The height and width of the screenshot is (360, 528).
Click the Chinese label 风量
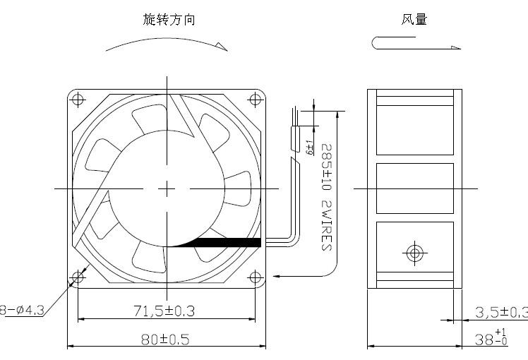tap(414, 20)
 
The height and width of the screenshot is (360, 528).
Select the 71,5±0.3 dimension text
tap(164, 310)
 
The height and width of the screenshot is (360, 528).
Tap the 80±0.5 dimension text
tap(164, 340)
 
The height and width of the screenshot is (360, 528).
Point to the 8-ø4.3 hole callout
tap(22, 309)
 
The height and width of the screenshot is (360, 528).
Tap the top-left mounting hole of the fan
tap(78, 99)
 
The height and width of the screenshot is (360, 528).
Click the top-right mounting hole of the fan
tap(256, 99)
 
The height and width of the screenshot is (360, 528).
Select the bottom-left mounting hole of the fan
tap(78, 278)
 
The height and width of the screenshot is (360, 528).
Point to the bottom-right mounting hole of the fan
tap(256, 278)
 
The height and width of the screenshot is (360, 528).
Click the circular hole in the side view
tap(414, 253)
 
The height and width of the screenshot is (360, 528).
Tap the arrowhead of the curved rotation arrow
tap(222, 47)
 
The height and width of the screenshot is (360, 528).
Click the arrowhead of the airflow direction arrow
tap(455, 47)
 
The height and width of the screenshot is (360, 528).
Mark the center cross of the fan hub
tap(167, 188)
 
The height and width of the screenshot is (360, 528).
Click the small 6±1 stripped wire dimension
tap(309, 148)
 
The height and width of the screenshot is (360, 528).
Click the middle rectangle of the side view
tap(414, 188)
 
